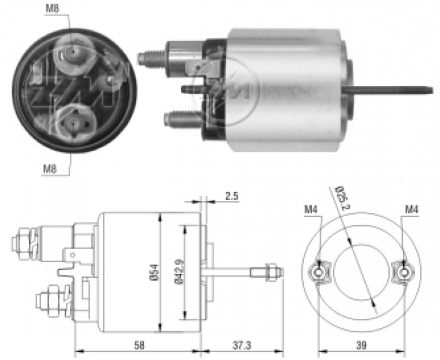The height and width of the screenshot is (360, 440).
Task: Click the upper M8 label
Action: point(52,8)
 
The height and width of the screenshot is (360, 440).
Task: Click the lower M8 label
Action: point(50,169)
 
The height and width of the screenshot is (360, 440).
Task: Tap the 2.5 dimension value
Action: point(231,196)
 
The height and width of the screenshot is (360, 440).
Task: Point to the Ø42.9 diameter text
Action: point(178,272)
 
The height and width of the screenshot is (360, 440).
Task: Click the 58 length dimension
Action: point(139,345)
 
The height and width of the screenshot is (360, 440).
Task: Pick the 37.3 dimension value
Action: point(242,345)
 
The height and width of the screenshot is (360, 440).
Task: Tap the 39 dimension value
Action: point(361,345)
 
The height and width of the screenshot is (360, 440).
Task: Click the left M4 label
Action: point(311,209)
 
